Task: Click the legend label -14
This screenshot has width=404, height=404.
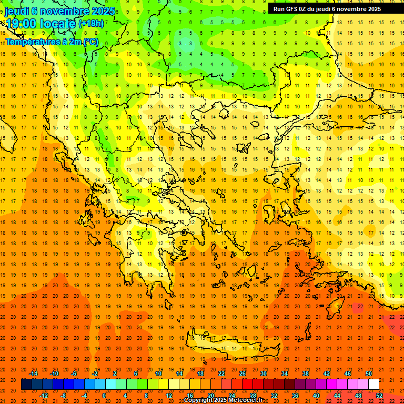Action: (x=34, y=373)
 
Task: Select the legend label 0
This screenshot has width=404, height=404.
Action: (x=104, y=395)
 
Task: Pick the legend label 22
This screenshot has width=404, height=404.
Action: (x=221, y=373)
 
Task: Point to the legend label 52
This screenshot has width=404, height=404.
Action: (x=379, y=395)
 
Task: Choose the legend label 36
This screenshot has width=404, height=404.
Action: (x=295, y=395)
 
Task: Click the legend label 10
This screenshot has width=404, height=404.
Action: (x=158, y=373)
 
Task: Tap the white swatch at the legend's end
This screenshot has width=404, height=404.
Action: (x=373, y=384)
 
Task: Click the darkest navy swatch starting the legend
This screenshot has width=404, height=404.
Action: (x=26, y=384)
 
